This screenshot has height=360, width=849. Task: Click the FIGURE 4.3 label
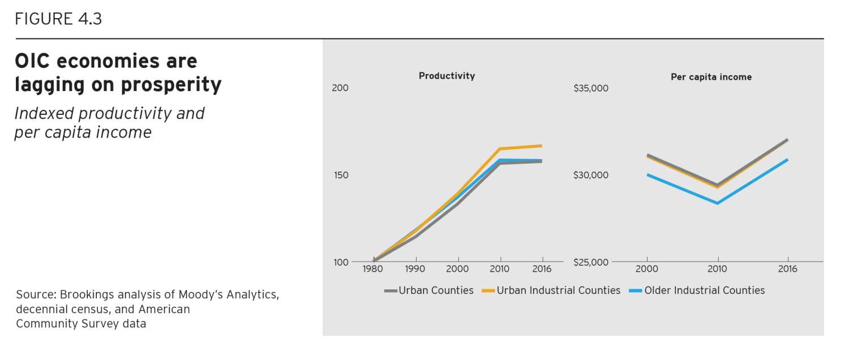pos(58,19)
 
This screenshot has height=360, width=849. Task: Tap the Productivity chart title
pos(447,76)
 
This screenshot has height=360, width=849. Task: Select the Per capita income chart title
pos(711,77)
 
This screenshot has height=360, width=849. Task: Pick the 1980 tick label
pos(374,269)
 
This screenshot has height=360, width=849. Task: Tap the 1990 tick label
pos(415,269)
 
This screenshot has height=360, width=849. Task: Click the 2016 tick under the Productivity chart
pos(542,269)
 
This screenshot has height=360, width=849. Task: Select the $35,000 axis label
pos(590,88)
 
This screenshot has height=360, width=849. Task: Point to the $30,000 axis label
pos(590,175)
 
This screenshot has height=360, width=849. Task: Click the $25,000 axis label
pos(590,262)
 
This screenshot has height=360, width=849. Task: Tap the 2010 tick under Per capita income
pos(718,269)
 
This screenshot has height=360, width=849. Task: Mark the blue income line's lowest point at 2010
pos(718,203)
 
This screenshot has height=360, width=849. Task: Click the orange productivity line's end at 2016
pos(542,145)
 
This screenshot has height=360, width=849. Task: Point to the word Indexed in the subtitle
pos(44,113)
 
